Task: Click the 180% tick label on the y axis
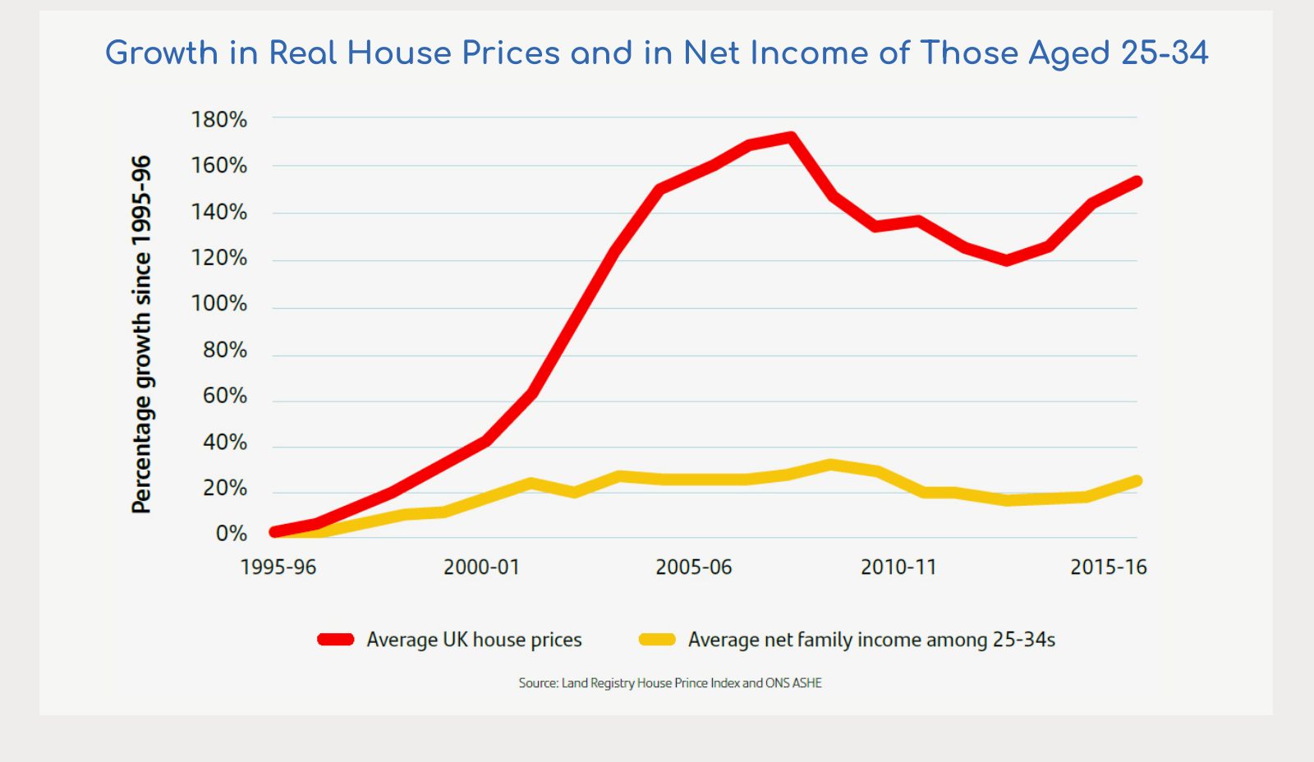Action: coord(218,120)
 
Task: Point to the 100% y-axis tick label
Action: coord(218,304)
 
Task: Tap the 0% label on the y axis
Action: coord(231,534)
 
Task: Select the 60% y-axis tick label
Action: coord(224,396)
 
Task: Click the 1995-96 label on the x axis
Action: coord(278,567)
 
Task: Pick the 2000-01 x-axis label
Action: coord(481,567)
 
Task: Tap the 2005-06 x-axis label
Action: coord(693,567)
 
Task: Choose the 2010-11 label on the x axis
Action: coord(898,567)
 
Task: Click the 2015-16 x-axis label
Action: coord(1108,567)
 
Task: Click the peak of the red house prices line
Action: coord(790,137)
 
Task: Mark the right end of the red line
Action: coord(1137,181)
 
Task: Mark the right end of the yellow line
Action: coord(1137,481)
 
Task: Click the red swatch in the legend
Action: coord(335,640)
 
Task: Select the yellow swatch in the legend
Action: coord(657,640)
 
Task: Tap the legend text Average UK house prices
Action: coord(474,640)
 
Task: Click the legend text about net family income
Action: coord(871,640)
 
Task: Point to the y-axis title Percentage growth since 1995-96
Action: coord(141,334)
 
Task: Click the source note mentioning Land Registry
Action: coord(670,683)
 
